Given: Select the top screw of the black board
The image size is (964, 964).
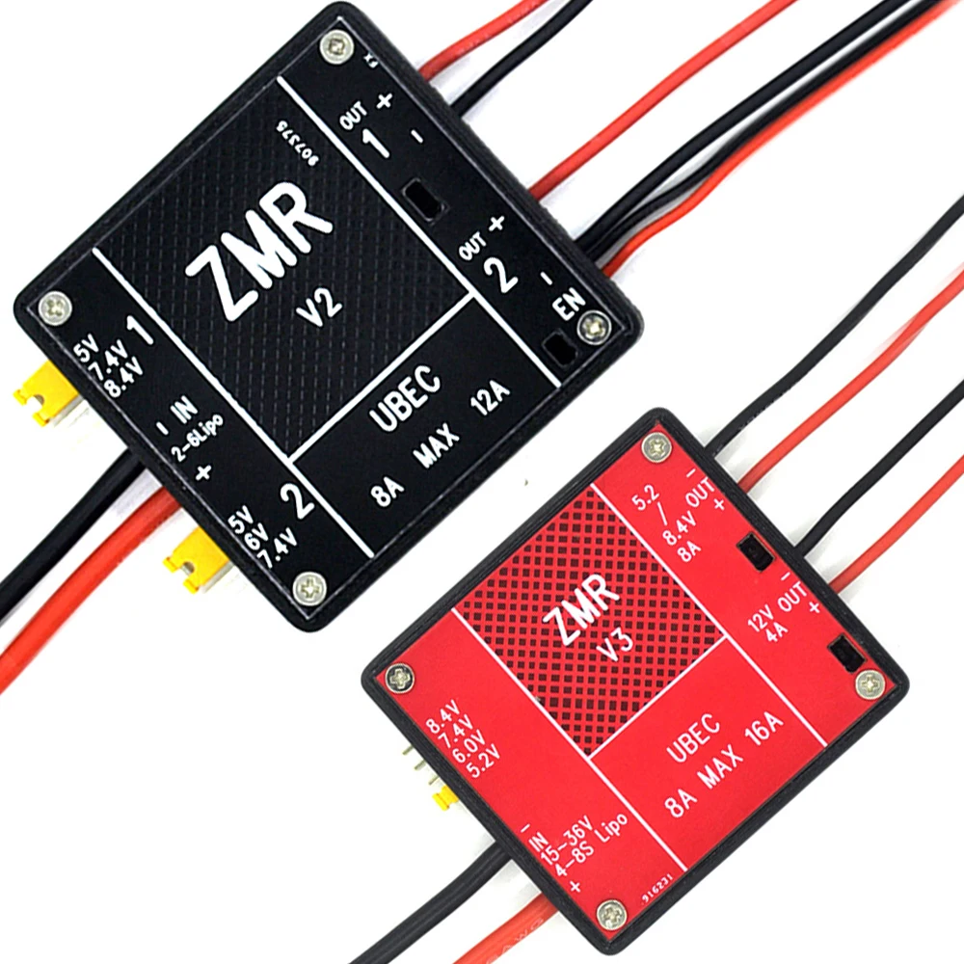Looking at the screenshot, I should (335, 42).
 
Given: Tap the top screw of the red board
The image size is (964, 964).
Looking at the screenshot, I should (656, 445).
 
